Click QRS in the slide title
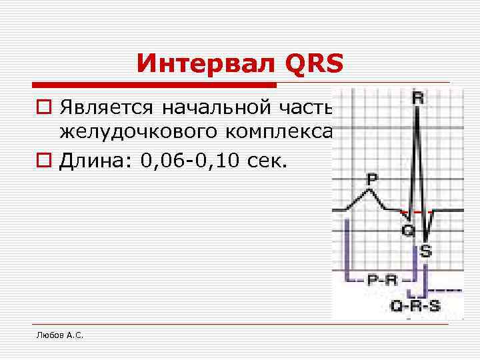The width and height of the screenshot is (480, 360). point(313,64)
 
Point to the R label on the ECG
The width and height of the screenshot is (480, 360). point(417,97)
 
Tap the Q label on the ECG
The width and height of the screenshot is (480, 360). point(408,230)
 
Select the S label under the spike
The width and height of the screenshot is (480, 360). point(425,252)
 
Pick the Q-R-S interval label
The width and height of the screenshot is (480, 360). point(415,306)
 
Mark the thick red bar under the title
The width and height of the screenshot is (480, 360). point(154,85)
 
